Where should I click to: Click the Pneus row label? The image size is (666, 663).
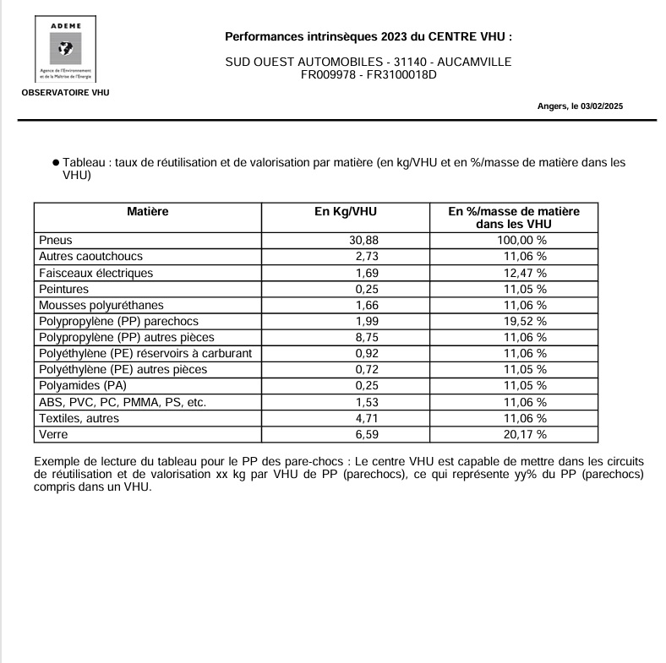click(x=56, y=240)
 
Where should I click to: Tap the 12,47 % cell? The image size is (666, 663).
click(x=525, y=273)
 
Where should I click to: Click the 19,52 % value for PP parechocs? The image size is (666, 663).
click(x=525, y=321)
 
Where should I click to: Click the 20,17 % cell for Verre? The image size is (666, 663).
click(x=525, y=434)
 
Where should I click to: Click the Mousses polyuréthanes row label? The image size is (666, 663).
click(x=101, y=305)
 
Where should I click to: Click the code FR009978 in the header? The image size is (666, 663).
click(x=330, y=74)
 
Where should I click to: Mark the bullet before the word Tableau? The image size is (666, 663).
click(x=55, y=162)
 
